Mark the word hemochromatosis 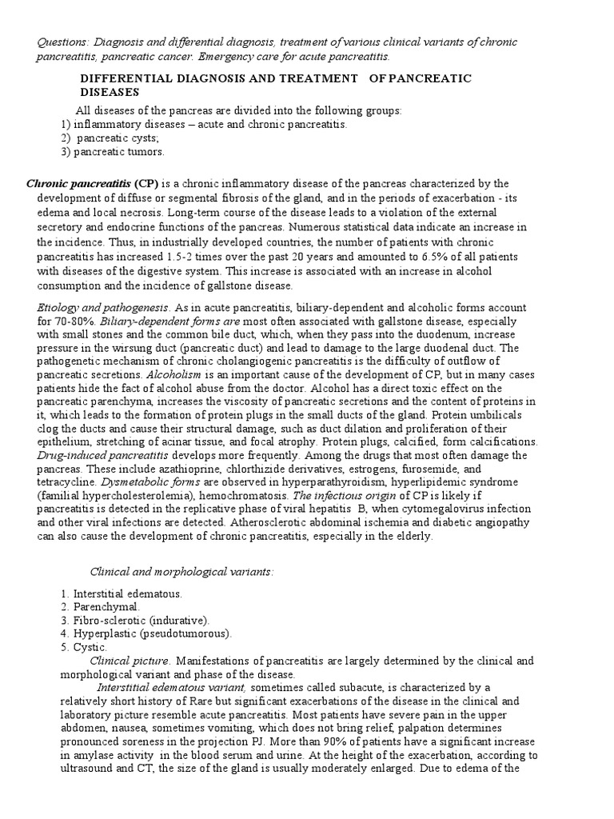point(261,495)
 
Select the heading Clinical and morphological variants point(181,571)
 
